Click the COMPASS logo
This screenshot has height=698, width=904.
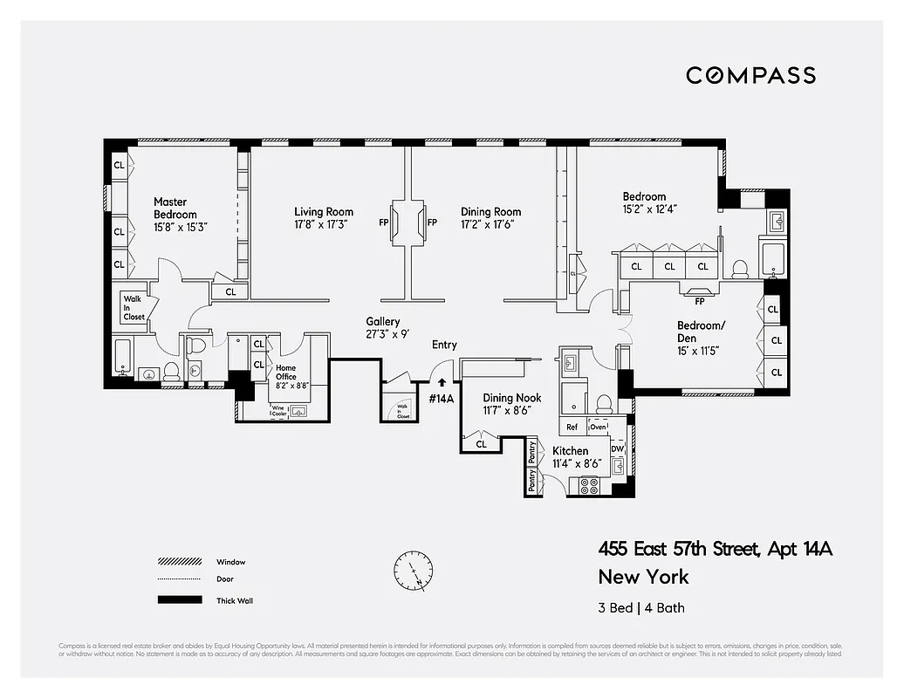750,75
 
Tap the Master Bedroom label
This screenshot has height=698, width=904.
175,209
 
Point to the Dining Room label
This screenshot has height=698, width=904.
490,211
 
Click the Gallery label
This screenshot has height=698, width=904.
383,321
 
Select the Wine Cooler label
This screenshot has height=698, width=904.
277,410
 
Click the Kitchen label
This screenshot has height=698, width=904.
571,450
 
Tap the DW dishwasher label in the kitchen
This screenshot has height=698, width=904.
618,448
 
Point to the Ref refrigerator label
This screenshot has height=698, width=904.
572,427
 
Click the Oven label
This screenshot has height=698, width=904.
599,427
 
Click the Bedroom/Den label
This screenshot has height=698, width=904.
702,332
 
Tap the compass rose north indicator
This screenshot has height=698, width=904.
412,571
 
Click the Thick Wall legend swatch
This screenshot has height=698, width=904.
175,600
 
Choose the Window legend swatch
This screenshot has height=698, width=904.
175,562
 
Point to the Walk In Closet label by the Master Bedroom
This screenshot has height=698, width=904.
134,306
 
